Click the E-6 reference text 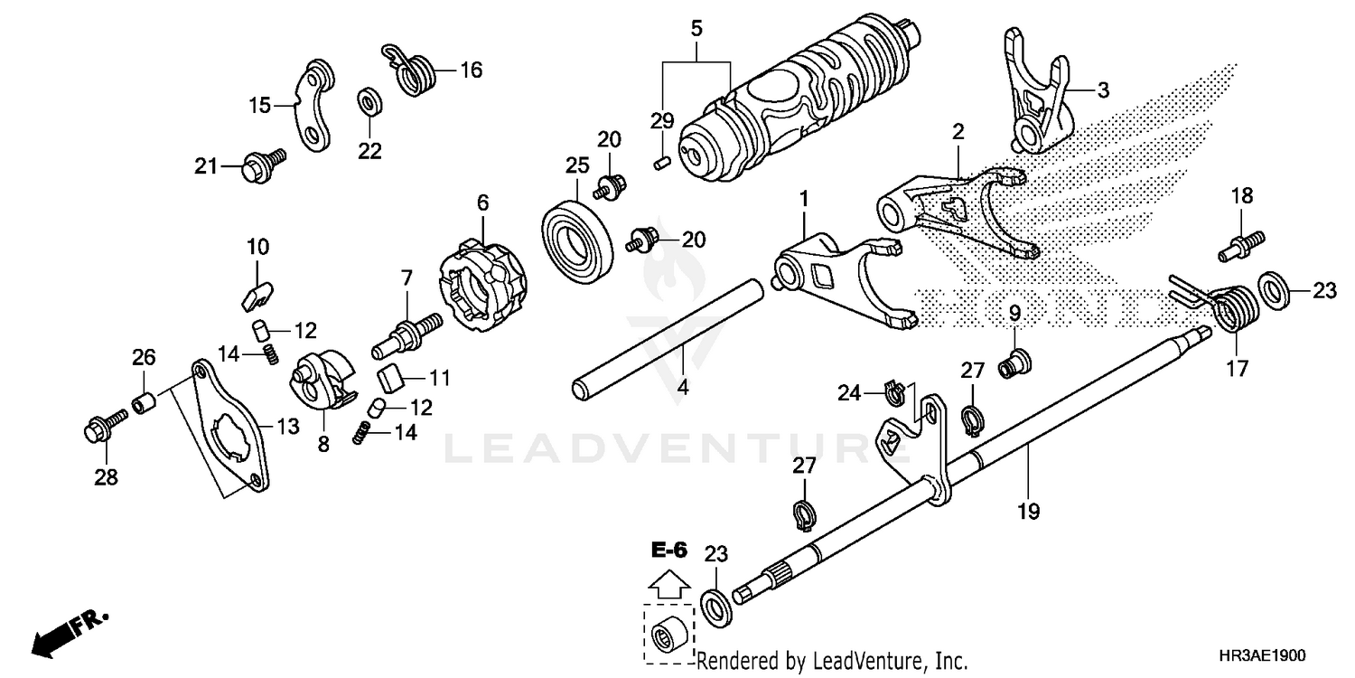[668, 549]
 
